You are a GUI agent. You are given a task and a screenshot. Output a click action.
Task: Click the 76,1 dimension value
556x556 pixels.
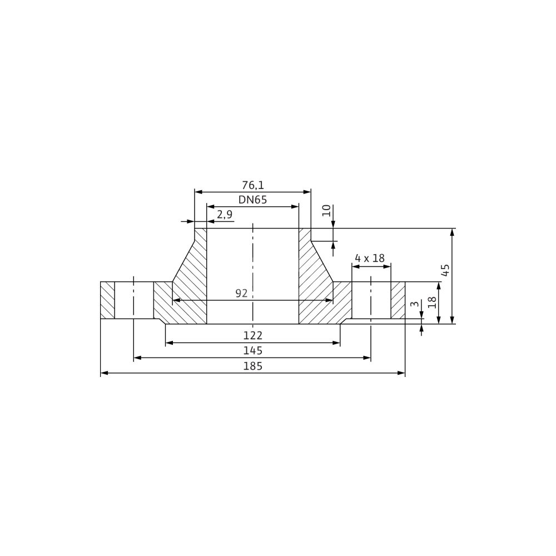tap(253, 185)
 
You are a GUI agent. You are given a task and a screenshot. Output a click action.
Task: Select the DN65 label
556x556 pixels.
tap(252, 200)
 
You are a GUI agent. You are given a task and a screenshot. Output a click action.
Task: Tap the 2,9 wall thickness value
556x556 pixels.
tap(225, 215)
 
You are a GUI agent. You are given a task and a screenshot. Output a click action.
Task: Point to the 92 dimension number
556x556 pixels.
tap(241, 293)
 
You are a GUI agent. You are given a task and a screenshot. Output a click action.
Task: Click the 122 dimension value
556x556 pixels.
tap(252, 335)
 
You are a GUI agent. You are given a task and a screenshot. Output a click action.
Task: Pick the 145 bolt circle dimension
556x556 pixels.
tap(252, 350)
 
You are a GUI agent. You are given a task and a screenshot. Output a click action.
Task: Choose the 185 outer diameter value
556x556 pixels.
tap(252, 366)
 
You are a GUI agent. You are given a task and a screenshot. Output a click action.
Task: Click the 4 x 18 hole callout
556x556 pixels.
tap(370, 258)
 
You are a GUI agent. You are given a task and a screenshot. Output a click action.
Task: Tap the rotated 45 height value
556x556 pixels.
tap(446, 270)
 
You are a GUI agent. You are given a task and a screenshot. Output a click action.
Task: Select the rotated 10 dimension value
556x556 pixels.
tap(327, 211)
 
